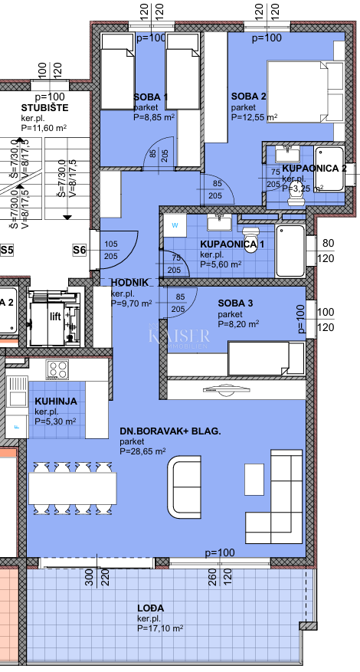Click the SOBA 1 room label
[x=151, y=97]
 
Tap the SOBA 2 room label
[x=249, y=97]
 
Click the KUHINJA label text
[x=55, y=402]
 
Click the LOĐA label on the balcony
[x=151, y=608]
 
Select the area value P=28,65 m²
[x=142, y=452]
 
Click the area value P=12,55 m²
[x=254, y=118]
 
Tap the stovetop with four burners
[x=58, y=369]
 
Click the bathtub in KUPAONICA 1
[x=290, y=249]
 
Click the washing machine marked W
[x=175, y=226]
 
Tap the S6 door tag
[x=79, y=249]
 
